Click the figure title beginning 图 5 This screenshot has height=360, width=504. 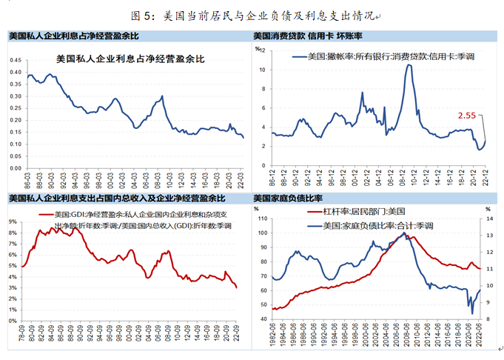click(x=252, y=14)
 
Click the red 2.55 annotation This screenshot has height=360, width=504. click(x=467, y=116)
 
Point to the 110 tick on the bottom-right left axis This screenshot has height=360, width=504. click(x=260, y=220)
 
